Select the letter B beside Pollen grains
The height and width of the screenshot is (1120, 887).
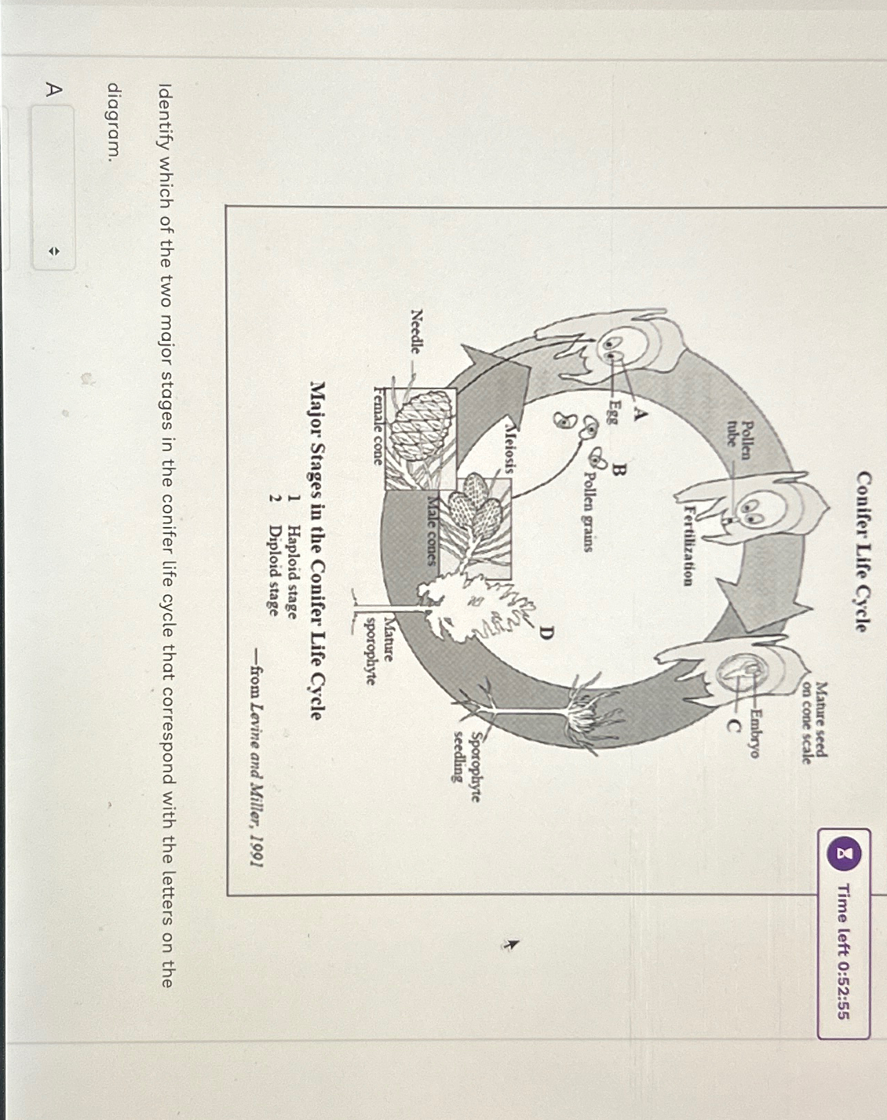click(x=618, y=471)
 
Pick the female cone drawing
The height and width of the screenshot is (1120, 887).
click(x=420, y=427)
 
